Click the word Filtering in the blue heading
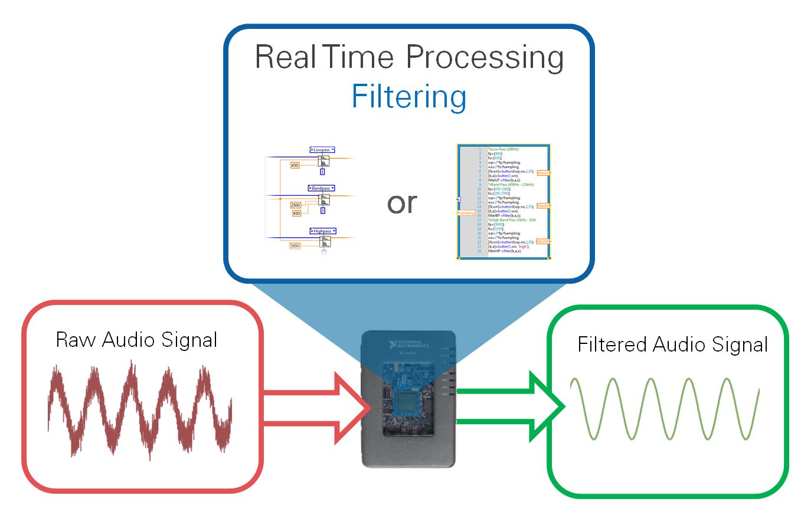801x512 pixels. [x=408, y=97]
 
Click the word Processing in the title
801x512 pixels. [x=485, y=58]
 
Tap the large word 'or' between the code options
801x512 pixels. [x=402, y=203]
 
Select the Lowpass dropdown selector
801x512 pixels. [x=322, y=150]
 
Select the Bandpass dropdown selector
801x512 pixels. [x=321, y=188]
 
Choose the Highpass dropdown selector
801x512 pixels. [x=322, y=231]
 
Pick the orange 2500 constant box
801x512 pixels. [x=296, y=205]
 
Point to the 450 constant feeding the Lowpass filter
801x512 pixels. [x=295, y=165]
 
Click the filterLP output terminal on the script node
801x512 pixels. [x=544, y=173]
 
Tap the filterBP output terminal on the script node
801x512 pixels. [x=544, y=206]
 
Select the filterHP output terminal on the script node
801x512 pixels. [x=544, y=241]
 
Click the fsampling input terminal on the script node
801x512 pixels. [x=466, y=213]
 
